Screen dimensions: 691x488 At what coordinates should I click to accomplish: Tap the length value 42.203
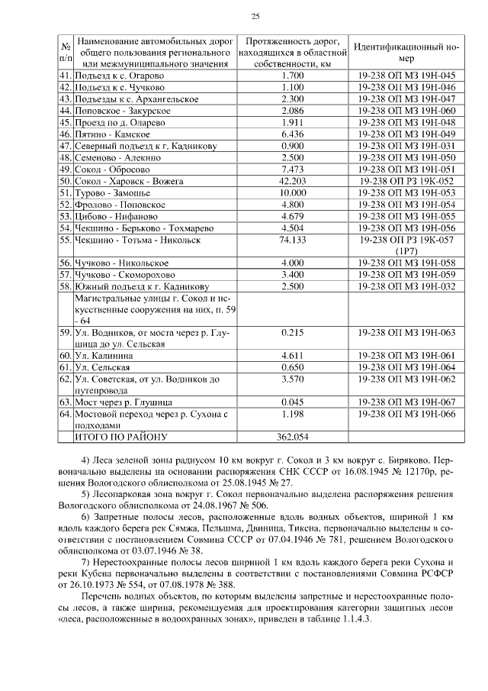[293, 181]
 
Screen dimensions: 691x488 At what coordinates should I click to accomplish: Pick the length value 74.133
[293, 240]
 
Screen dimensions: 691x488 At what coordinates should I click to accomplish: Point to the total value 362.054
[293, 437]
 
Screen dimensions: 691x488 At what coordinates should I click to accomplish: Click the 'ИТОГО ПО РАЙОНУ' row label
[120, 437]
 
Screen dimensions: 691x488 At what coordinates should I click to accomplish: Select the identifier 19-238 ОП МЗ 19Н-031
[405, 146]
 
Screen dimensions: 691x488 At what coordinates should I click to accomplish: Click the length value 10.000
[293, 193]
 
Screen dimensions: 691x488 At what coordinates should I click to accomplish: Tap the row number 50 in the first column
[65, 181]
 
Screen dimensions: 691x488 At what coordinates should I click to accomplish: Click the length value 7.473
[293, 170]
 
